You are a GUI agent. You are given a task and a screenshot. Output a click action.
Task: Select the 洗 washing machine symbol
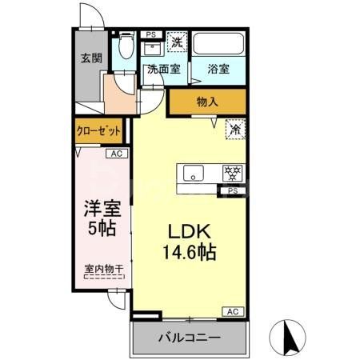(x=178, y=38)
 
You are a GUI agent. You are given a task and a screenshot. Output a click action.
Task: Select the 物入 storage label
(x=207, y=102)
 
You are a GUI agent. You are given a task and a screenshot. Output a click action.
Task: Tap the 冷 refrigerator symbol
(x=235, y=127)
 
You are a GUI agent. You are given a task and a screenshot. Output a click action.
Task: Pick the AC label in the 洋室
(x=115, y=154)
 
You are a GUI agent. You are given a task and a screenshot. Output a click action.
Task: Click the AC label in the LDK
(x=233, y=311)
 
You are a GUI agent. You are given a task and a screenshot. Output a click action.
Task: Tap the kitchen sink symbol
(x=193, y=173)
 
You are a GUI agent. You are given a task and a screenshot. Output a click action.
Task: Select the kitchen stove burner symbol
(x=234, y=173)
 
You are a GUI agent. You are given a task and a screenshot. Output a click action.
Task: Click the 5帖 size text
(x=102, y=228)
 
